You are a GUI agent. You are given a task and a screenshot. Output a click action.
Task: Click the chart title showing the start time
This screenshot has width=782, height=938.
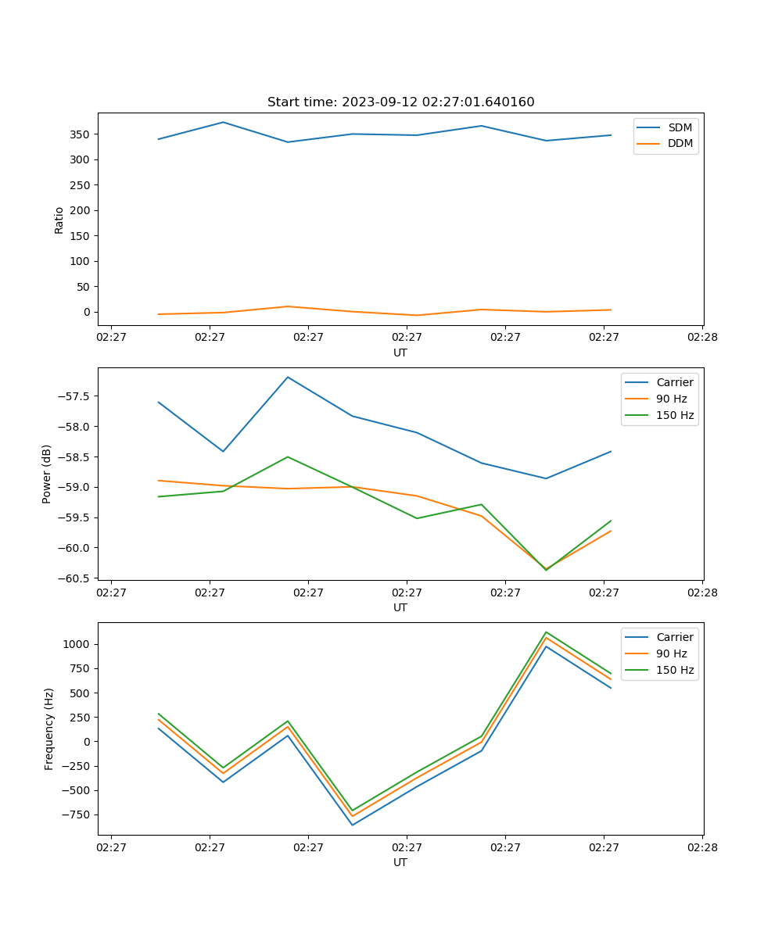click(400, 102)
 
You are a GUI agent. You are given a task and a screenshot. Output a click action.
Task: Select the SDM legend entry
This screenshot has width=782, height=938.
click(680, 127)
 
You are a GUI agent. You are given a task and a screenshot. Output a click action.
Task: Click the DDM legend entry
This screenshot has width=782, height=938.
click(680, 144)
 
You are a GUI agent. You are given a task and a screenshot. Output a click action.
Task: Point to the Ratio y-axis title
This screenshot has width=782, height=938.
click(59, 220)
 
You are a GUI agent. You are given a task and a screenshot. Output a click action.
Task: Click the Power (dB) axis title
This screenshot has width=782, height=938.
click(47, 474)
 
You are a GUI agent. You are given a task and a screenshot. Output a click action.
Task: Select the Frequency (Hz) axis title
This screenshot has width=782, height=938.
click(48, 729)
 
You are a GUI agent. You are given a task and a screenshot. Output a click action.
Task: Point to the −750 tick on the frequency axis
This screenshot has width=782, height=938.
click(77, 814)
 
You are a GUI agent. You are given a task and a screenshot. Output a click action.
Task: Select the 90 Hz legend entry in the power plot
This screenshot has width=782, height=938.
click(671, 399)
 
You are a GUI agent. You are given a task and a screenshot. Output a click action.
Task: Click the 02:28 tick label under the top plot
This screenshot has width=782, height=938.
click(702, 338)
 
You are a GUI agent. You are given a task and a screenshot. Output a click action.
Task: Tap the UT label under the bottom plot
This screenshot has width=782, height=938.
click(400, 862)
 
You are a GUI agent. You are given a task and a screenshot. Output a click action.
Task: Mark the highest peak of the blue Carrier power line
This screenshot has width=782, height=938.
click(288, 377)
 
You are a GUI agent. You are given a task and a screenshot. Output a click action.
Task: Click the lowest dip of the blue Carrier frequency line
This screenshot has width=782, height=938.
click(352, 825)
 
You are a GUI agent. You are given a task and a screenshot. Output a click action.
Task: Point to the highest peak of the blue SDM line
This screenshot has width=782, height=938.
click(223, 122)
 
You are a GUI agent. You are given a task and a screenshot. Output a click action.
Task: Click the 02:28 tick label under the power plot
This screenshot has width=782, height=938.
click(702, 593)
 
